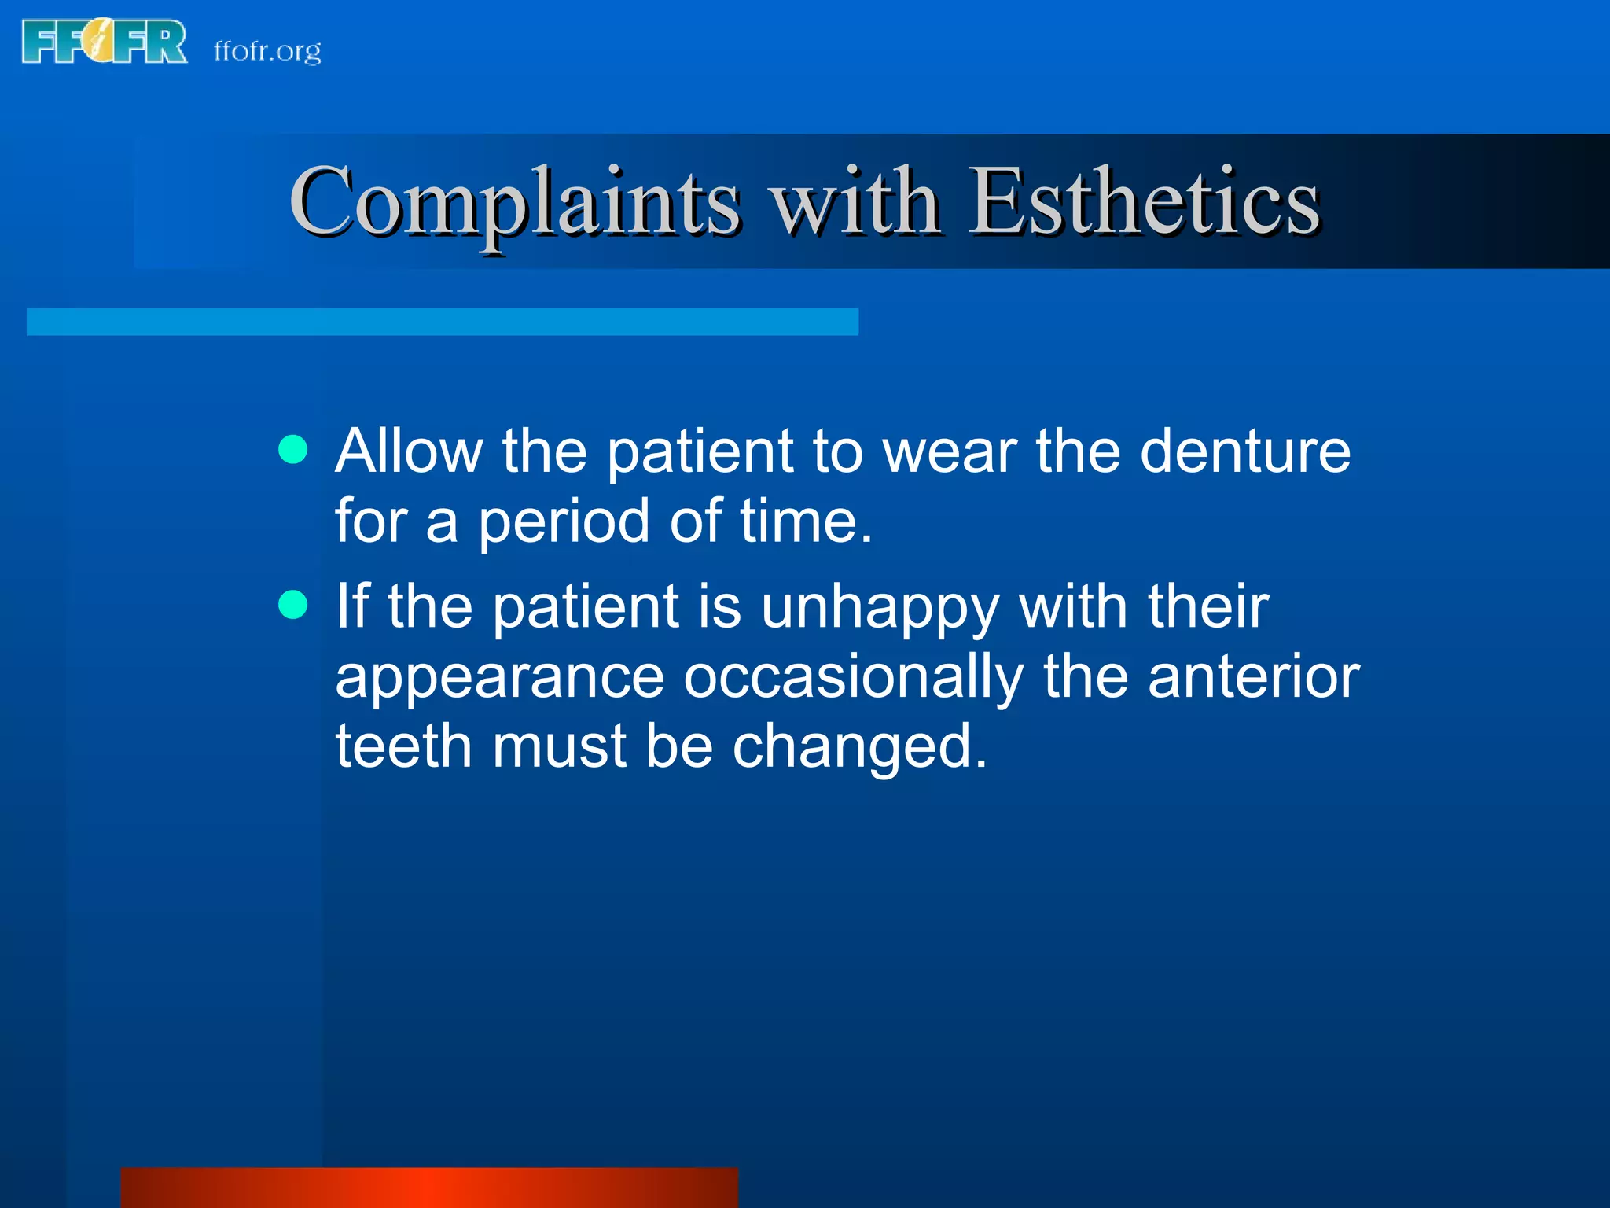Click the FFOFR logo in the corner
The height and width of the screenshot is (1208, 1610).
click(x=104, y=42)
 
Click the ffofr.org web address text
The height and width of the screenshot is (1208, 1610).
click(x=267, y=51)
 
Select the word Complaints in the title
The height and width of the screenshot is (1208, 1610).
click(x=515, y=202)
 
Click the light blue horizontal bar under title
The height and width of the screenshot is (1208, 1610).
click(x=442, y=322)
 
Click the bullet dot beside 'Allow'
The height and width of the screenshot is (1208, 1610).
click(x=293, y=449)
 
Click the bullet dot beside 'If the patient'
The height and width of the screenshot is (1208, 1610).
click(x=293, y=605)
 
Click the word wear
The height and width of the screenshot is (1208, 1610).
click(x=950, y=452)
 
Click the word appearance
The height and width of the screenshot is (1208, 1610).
click(x=500, y=678)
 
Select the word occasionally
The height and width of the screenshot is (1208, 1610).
click(x=853, y=678)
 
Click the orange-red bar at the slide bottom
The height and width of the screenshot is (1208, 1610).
click(x=429, y=1187)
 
